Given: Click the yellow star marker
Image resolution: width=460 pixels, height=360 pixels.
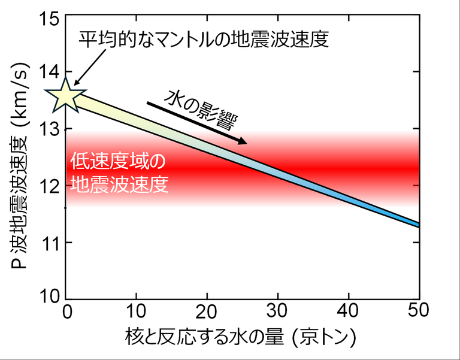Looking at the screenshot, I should [x=65, y=95].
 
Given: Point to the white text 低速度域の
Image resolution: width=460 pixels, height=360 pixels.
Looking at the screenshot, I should [x=117, y=162].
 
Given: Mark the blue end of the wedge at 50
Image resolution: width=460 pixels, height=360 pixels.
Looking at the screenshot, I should [x=414, y=223].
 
